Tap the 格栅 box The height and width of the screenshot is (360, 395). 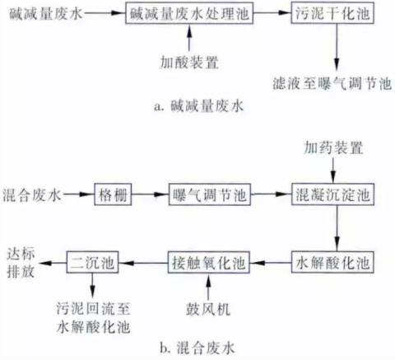tap(112, 194)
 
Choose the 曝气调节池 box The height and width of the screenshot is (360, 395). tap(209, 194)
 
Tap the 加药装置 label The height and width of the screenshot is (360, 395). tap(332, 148)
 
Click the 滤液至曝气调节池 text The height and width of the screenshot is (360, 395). tap(332, 83)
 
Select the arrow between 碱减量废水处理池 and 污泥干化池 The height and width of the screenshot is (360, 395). tap(272, 15)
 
